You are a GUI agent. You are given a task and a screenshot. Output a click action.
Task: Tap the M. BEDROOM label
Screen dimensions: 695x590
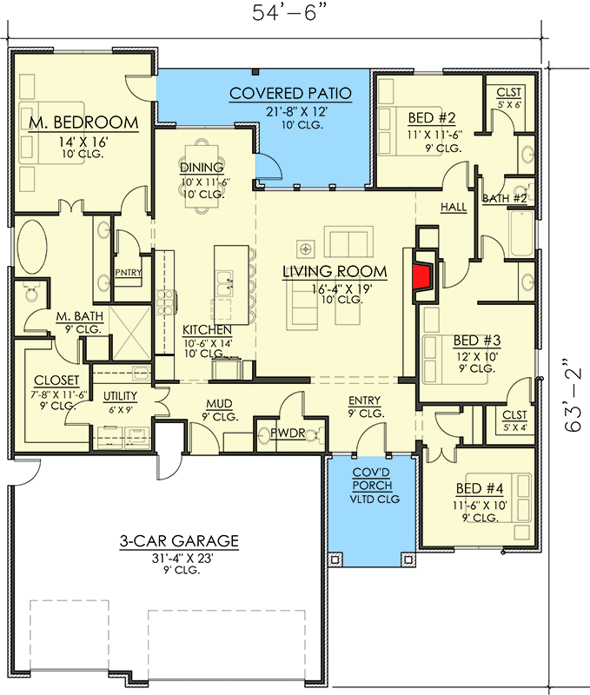coord(83,122)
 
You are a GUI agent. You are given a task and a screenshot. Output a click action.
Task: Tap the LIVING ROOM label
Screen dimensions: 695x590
coord(335,273)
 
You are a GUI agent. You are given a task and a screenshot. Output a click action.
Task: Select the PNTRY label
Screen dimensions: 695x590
coord(128,273)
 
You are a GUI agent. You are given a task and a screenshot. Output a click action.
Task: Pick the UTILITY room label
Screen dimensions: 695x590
coord(121,395)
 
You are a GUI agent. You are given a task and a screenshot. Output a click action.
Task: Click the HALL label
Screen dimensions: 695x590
coord(454,208)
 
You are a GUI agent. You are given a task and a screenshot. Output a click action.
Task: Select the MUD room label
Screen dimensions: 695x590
coord(217,403)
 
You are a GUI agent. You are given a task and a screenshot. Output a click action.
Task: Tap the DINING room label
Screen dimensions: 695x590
coord(202,168)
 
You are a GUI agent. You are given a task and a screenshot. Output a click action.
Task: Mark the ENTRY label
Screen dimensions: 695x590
coord(365,400)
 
